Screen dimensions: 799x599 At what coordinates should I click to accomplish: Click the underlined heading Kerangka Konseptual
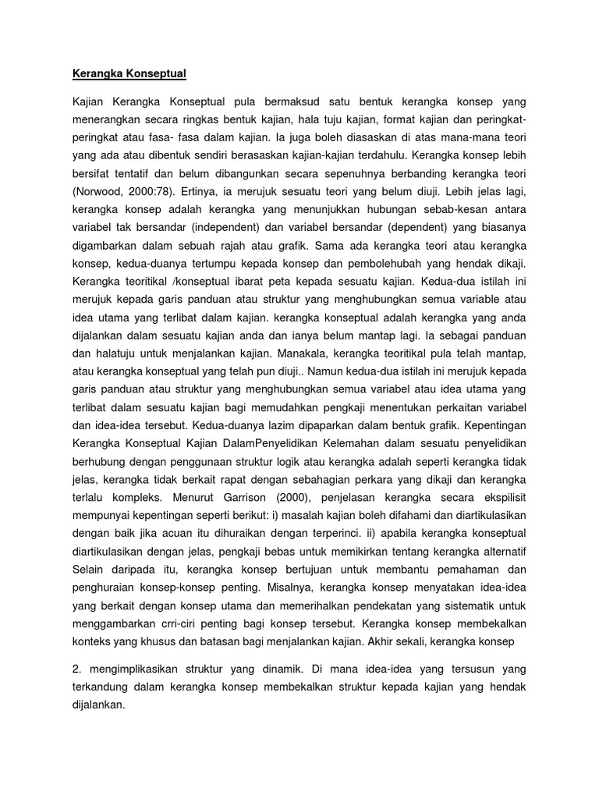(129, 75)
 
